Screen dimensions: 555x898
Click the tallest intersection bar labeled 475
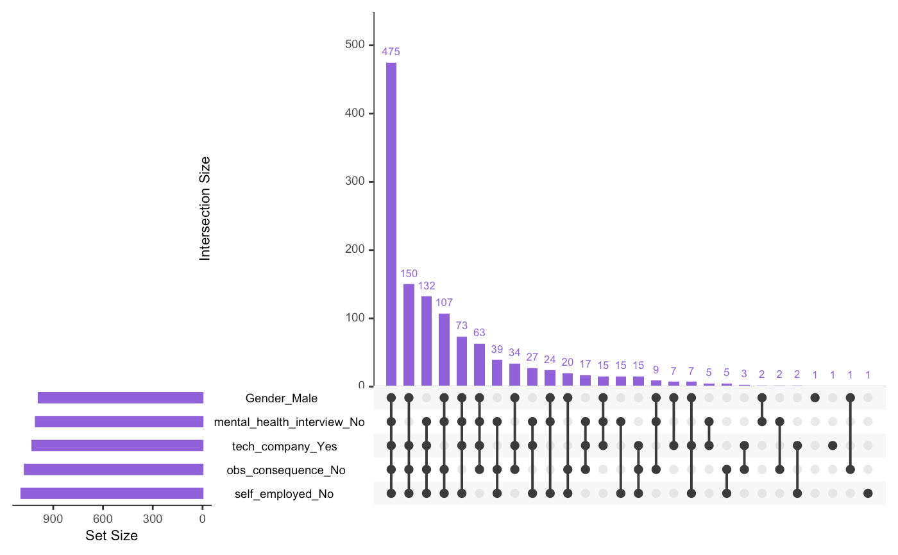coord(391,224)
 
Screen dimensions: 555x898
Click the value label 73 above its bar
coord(462,325)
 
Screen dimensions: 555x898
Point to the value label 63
coord(479,332)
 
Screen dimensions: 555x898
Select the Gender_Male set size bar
coord(121,398)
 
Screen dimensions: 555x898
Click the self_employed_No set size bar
coord(112,493)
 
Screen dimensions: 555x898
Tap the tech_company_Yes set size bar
coord(117,446)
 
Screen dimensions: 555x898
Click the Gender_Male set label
coord(281,399)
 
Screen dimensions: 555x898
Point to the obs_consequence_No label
coord(285,470)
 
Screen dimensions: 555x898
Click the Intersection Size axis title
coord(205,209)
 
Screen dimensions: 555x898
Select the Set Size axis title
coord(112,535)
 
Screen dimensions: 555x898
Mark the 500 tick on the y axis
coord(355,45)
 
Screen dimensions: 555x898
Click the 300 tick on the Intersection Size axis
coord(355,182)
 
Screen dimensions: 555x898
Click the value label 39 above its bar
coord(497,349)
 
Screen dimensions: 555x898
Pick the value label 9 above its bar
coord(656,370)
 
